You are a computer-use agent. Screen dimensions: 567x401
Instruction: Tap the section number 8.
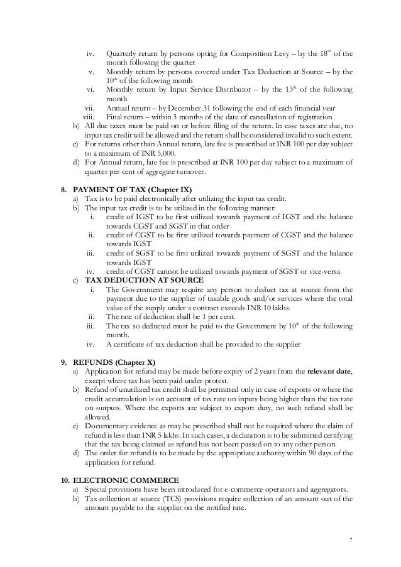point(63,189)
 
